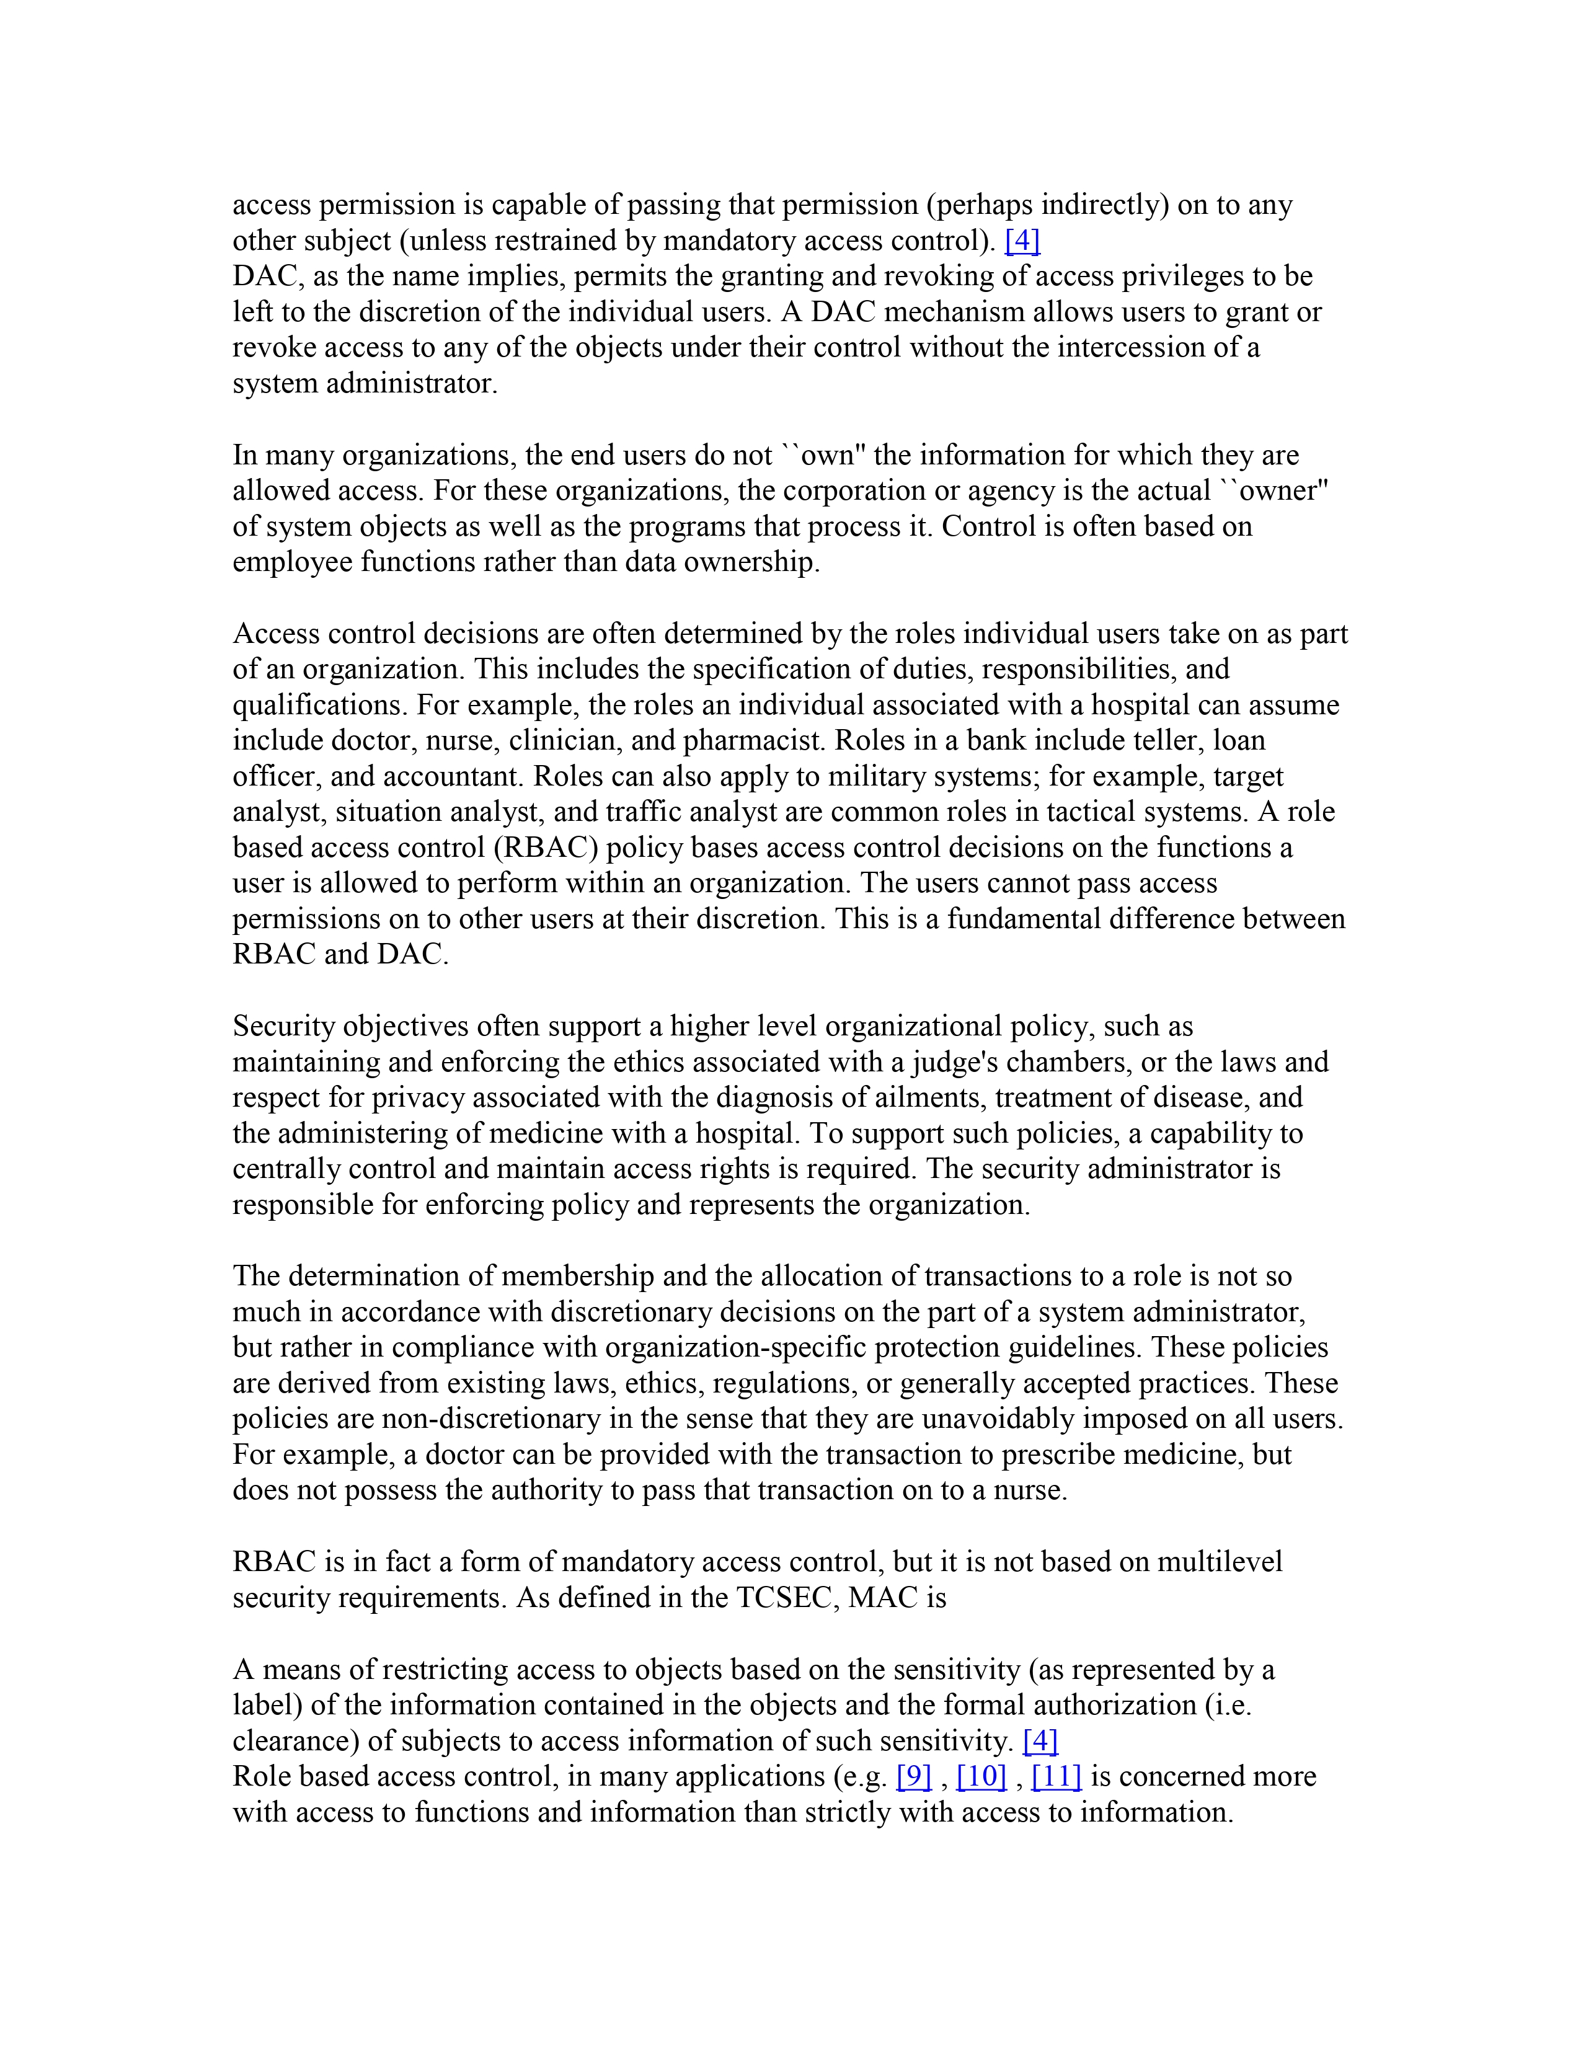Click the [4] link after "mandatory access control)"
coord(1022,241)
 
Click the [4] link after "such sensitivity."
coord(1040,1740)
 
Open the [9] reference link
coord(913,1776)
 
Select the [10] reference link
coord(981,1776)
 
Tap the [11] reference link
coord(1056,1776)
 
